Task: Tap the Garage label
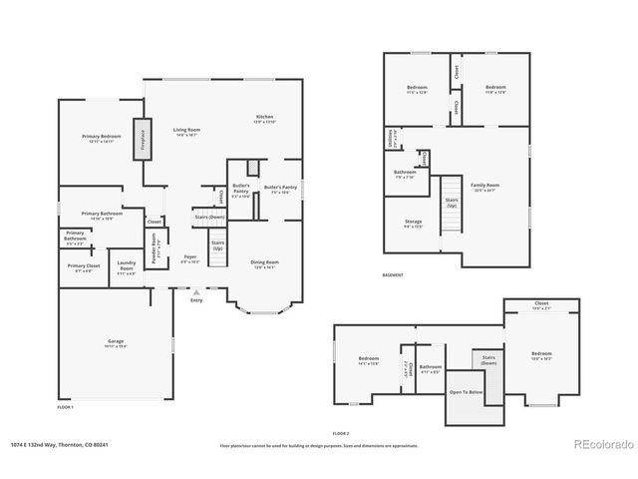point(116,343)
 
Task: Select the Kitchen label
point(264,119)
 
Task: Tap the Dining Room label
point(264,263)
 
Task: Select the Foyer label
point(189,258)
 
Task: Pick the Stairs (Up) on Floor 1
point(217,245)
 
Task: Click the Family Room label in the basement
point(485,186)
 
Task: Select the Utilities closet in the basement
point(390,140)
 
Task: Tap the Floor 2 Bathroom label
point(430,367)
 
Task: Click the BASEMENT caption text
point(393,275)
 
